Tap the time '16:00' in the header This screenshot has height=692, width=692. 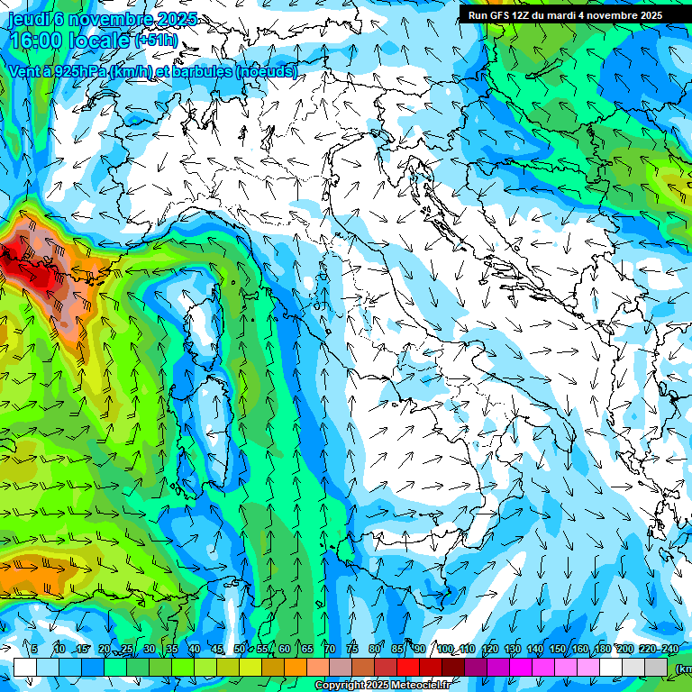37,41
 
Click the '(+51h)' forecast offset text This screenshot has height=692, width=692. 156,41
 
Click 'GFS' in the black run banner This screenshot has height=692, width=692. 498,15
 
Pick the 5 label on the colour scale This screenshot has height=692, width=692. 34,650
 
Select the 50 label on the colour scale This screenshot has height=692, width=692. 239,650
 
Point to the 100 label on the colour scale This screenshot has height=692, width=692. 444,650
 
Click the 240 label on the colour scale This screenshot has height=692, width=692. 669,650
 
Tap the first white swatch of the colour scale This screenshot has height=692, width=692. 25,667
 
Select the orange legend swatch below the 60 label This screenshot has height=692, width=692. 296,667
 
